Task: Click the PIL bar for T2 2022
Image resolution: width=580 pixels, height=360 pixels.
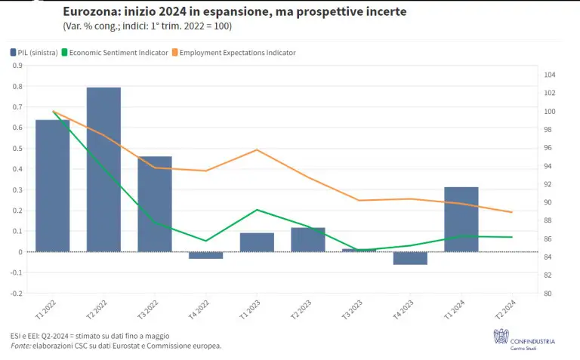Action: (103, 169)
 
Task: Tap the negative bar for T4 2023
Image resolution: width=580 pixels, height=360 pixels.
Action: (410, 258)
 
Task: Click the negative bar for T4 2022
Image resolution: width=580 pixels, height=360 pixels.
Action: (205, 255)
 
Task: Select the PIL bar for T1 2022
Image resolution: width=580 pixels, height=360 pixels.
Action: (53, 186)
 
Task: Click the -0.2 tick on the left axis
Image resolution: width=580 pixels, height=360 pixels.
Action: (16, 294)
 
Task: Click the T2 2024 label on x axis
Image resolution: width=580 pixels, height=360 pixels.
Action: (505, 310)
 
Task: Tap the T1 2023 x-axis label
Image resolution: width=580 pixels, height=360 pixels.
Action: (250, 310)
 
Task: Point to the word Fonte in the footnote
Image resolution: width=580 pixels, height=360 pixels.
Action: (21, 346)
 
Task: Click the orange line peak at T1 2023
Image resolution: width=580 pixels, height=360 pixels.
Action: (257, 149)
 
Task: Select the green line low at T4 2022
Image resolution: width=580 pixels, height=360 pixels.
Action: (205, 241)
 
